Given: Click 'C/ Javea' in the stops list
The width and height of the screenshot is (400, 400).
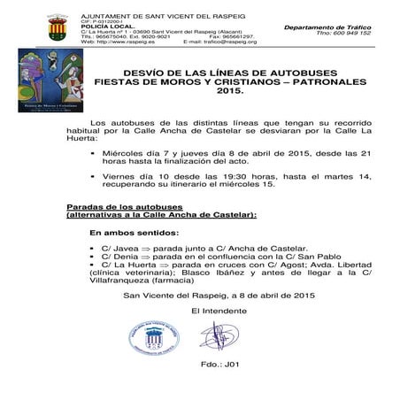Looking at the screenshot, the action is pos(119,249).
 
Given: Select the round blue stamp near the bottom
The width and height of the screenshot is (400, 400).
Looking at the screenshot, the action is pos(162,335).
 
